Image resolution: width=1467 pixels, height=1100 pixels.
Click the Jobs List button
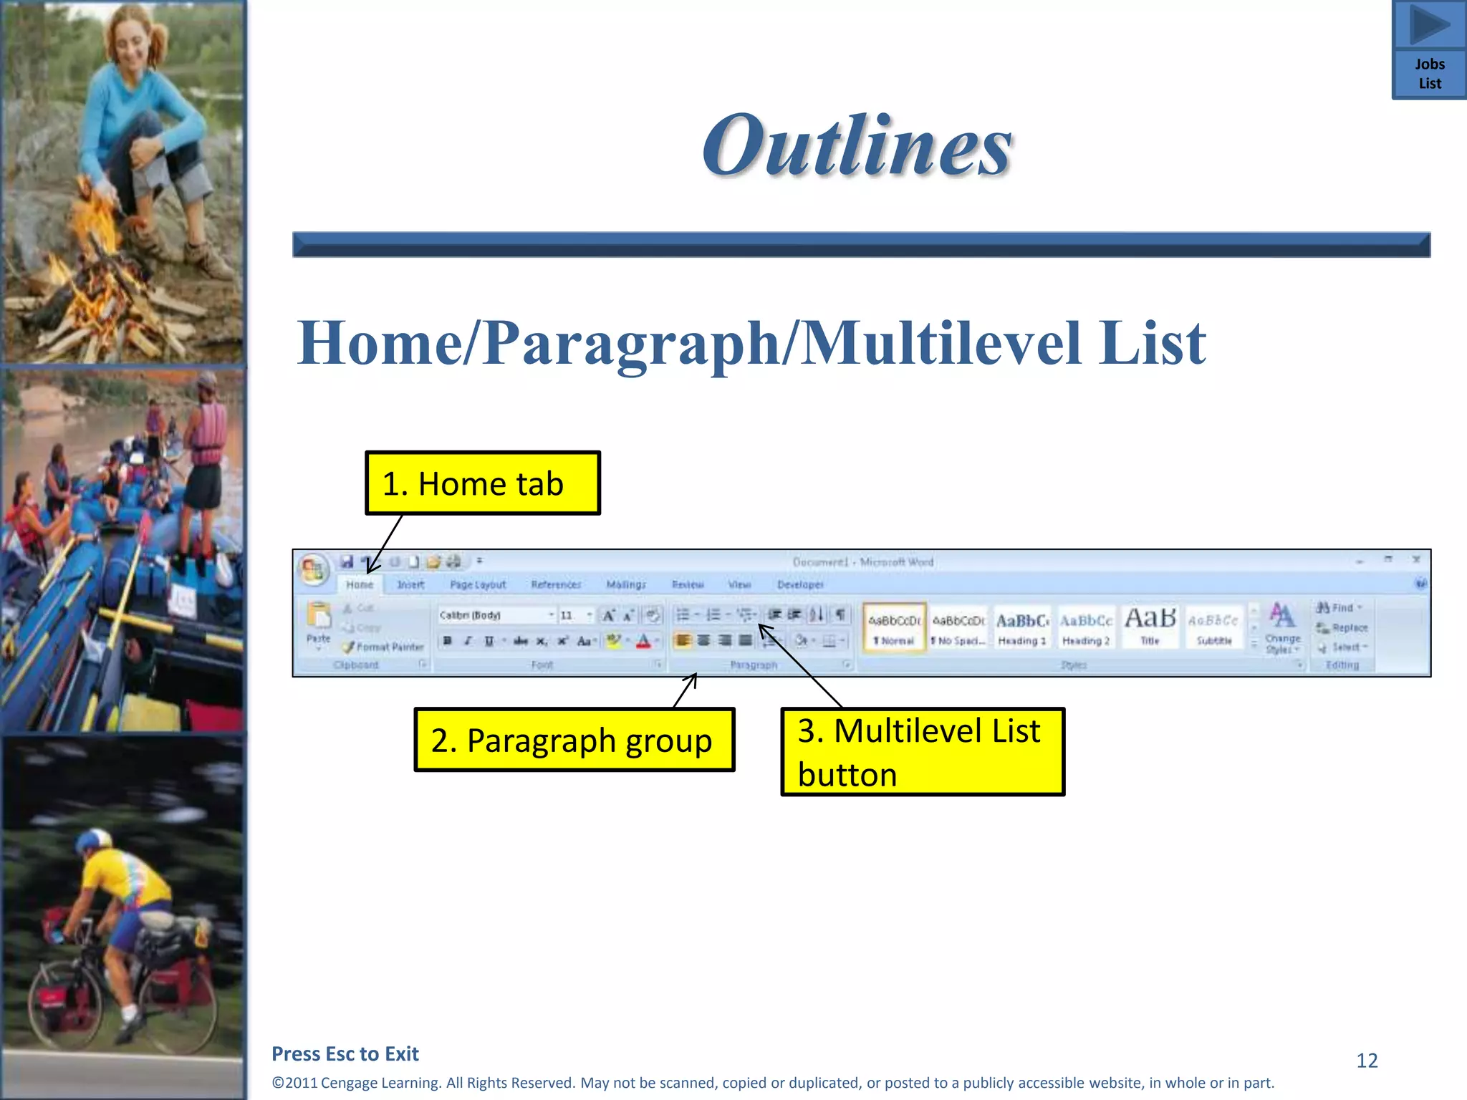(x=1429, y=73)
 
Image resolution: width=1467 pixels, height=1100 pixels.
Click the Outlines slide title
(x=857, y=146)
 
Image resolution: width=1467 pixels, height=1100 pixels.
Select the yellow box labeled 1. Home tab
(x=482, y=483)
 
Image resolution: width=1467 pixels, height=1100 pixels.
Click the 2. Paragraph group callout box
(x=574, y=740)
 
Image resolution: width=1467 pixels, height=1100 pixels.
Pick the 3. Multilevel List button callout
(x=922, y=752)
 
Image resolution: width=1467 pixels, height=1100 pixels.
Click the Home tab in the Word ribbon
(x=360, y=584)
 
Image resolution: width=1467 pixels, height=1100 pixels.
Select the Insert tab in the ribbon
(x=410, y=584)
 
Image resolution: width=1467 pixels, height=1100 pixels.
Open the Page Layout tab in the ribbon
(x=478, y=584)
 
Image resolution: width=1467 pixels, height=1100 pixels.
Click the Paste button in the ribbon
(x=319, y=623)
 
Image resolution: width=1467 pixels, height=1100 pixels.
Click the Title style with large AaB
(x=1150, y=625)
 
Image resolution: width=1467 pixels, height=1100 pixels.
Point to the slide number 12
(x=1367, y=1061)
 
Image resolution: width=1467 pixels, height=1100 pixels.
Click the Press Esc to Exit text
(x=345, y=1053)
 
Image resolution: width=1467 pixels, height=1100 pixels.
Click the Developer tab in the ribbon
(x=800, y=584)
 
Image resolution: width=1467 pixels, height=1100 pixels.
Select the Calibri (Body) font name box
(x=492, y=615)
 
